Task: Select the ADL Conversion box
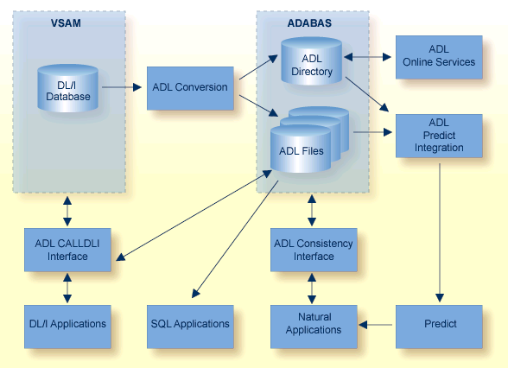(189, 87)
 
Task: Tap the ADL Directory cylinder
(312, 65)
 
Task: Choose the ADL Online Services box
(439, 57)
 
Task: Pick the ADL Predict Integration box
(439, 135)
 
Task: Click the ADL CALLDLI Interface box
(67, 250)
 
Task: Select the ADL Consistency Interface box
(313, 250)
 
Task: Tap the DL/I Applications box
(67, 324)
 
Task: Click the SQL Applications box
(189, 324)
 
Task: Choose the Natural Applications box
(313, 324)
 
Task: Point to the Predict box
(439, 324)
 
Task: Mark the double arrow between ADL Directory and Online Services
(370, 58)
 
